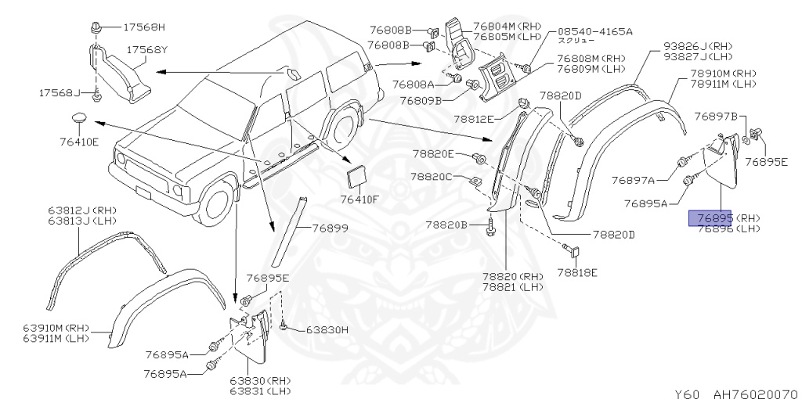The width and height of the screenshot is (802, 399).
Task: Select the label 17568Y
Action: pyautogui.click(x=148, y=49)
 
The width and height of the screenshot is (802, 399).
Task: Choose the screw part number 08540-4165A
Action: pyautogui.click(x=594, y=31)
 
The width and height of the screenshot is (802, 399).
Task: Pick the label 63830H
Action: pyautogui.click(x=322, y=329)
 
